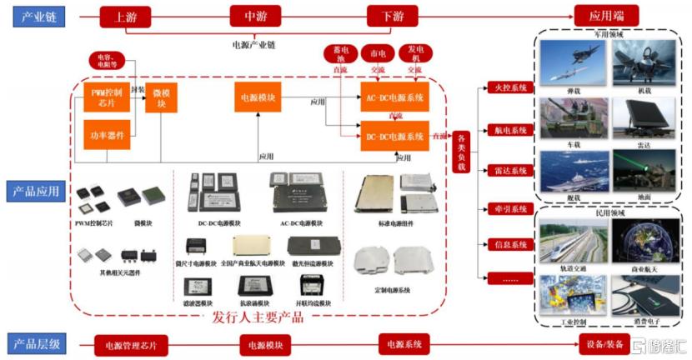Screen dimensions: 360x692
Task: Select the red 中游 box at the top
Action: click(255, 16)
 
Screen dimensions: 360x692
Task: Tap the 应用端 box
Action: click(606, 15)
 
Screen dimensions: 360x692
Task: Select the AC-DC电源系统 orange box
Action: click(394, 97)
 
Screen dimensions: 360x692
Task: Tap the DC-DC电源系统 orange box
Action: click(394, 136)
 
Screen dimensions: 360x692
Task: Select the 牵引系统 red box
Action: click(508, 208)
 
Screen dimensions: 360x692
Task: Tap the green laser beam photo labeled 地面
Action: click(644, 171)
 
